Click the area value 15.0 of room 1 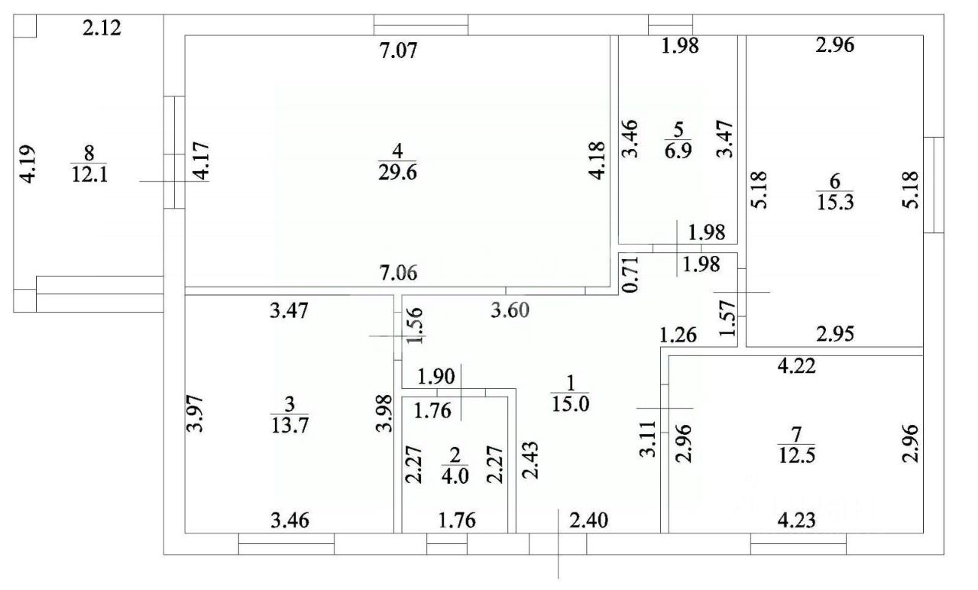point(570,404)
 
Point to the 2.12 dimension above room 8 point(103,29)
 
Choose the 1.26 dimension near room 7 point(679,334)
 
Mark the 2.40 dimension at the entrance point(592,524)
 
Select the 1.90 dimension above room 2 point(436,376)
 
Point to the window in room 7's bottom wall point(798,543)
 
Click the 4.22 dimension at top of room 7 point(798,366)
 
